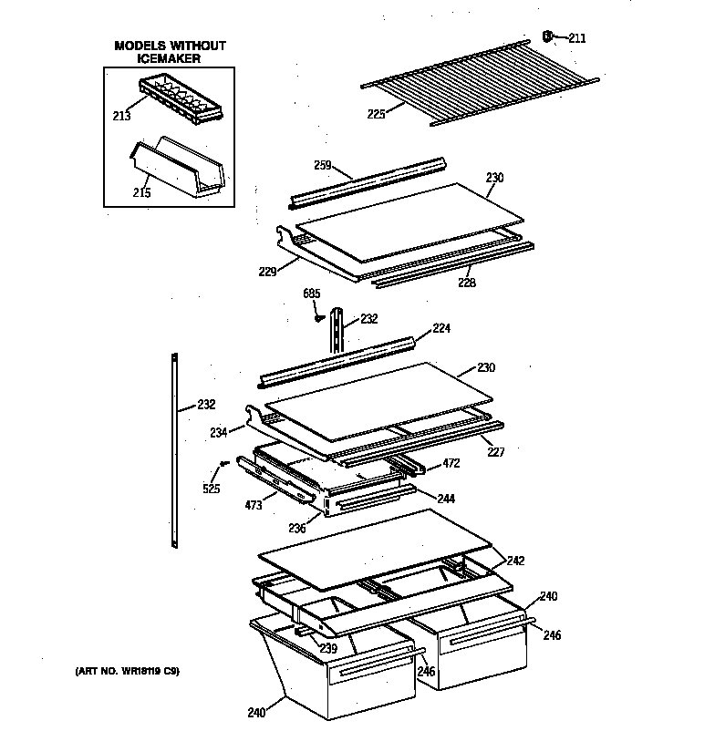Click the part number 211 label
pyautogui.click(x=577, y=37)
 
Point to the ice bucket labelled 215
pyautogui.click(x=178, y=168)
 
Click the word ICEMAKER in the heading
pyautogui.click(x=171, y=58)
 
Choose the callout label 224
pyautogui.click(x=441, y=328)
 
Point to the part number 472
pyautogui.click(x=451, y=463)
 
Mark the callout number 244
pyautogui.click(x=446, y=499)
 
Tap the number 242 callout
pyautogui.click(x=516, y=561)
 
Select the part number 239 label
pyautogui.click(x=327, y=648)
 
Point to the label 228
pyautogui.click(x=467, y=282)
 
